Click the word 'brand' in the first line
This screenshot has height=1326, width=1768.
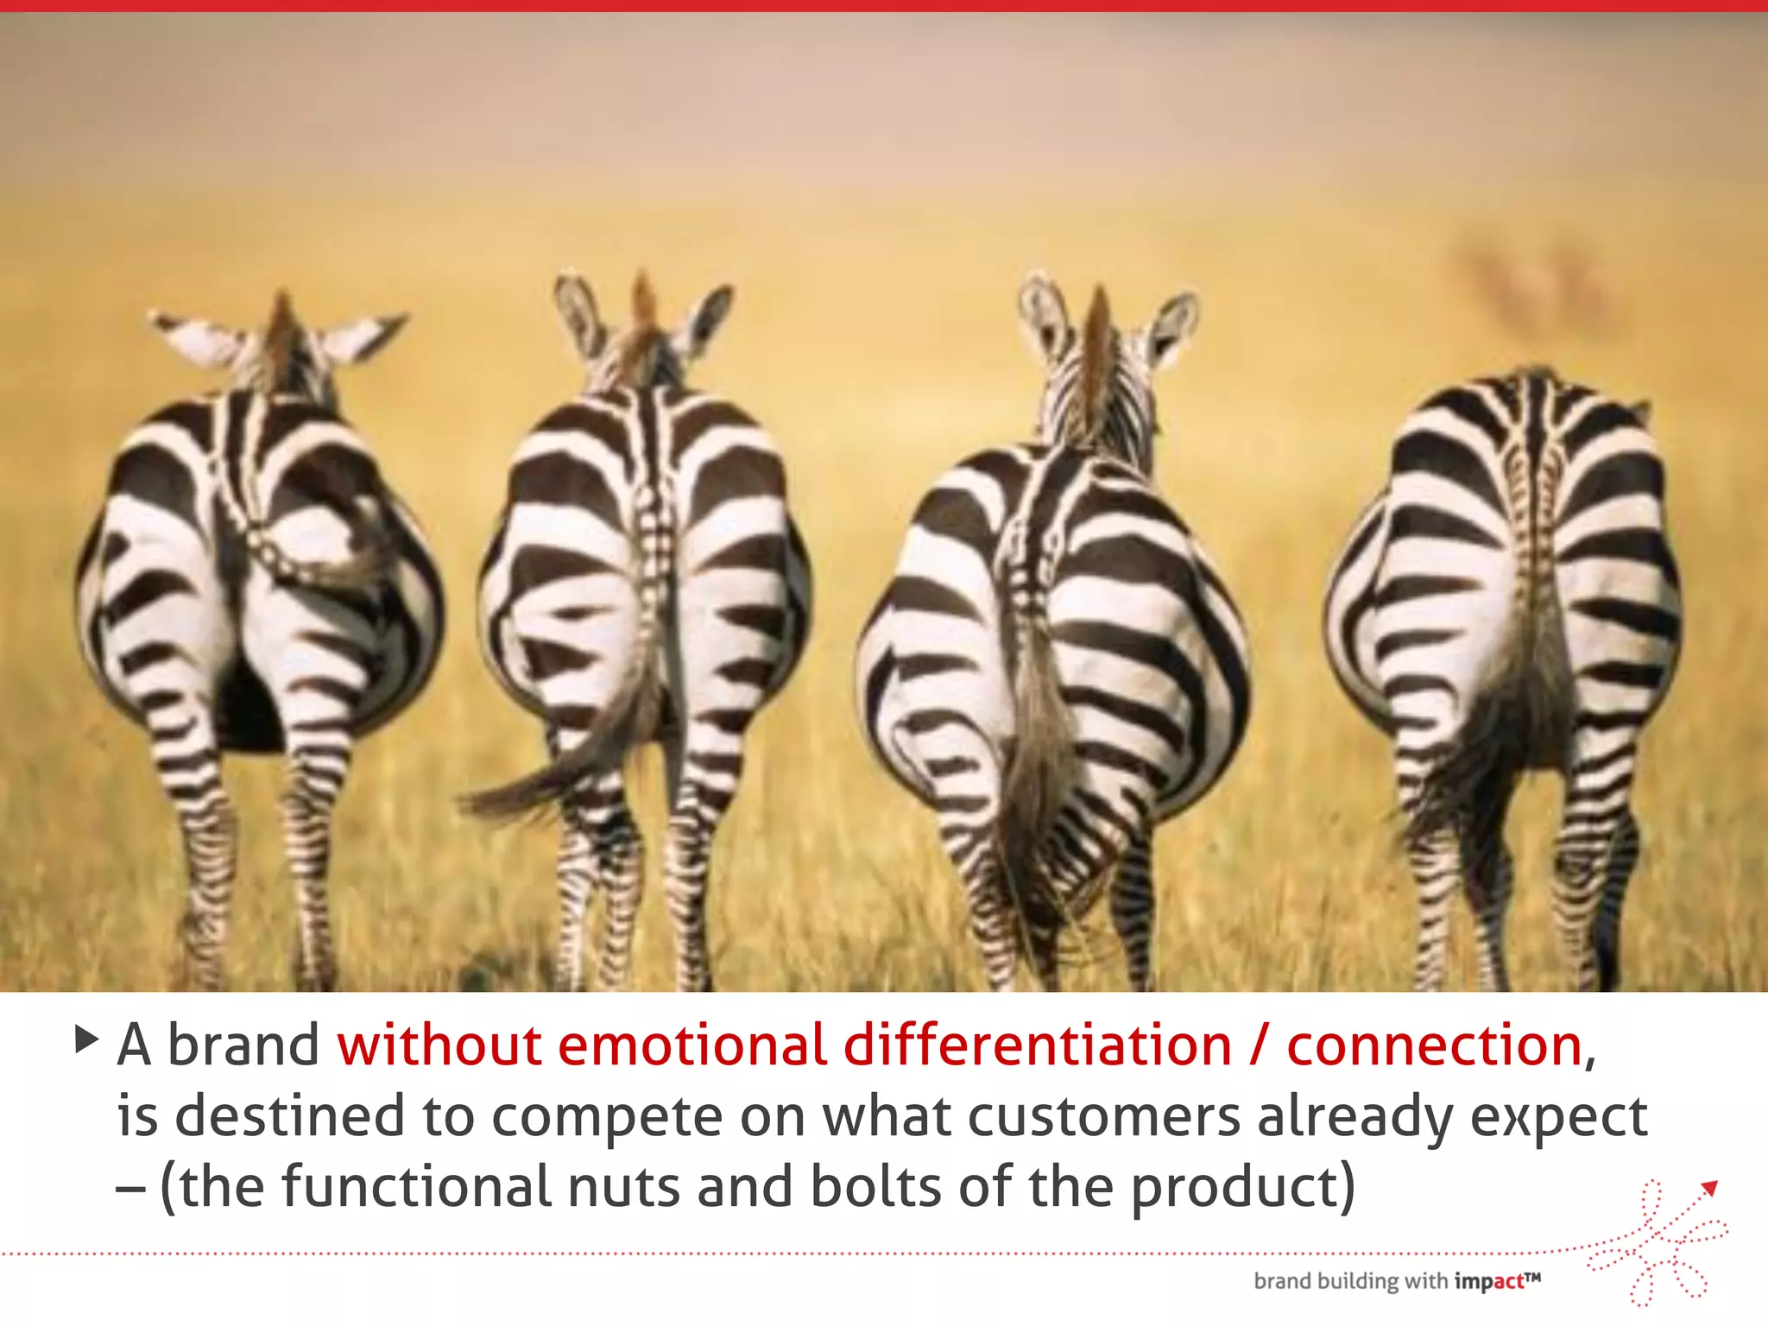point(243,1045)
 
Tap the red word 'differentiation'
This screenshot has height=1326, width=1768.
point(1037,1045)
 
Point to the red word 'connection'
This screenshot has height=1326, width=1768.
point(1434,1045)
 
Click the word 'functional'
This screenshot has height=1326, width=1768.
point(416,1186)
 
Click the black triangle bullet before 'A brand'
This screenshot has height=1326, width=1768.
point(86,1039)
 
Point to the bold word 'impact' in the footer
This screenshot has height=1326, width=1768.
point(1489,1282)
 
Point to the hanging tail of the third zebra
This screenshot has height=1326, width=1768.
point(1032,760)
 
